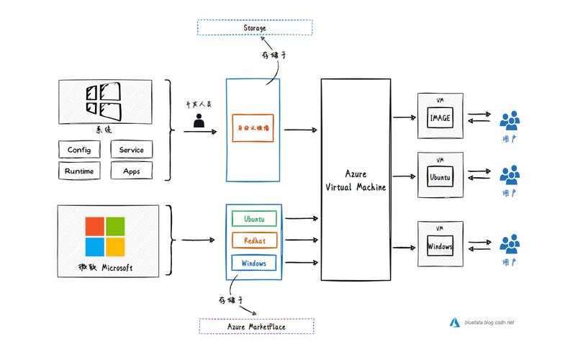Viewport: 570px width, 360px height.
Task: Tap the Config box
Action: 78,150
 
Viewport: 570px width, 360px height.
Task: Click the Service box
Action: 131,150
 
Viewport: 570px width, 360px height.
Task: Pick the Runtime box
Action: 78,171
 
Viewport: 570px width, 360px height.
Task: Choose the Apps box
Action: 131,171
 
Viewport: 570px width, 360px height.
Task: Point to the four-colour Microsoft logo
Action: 105,236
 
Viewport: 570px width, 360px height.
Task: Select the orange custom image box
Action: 253,128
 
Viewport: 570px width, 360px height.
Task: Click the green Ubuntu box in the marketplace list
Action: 253,217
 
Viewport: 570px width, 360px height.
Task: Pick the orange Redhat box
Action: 253,240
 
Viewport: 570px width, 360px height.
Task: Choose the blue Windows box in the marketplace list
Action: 253,264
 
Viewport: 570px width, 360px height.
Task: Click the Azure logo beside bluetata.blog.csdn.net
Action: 455,323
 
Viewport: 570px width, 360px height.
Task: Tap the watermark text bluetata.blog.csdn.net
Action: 490,323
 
